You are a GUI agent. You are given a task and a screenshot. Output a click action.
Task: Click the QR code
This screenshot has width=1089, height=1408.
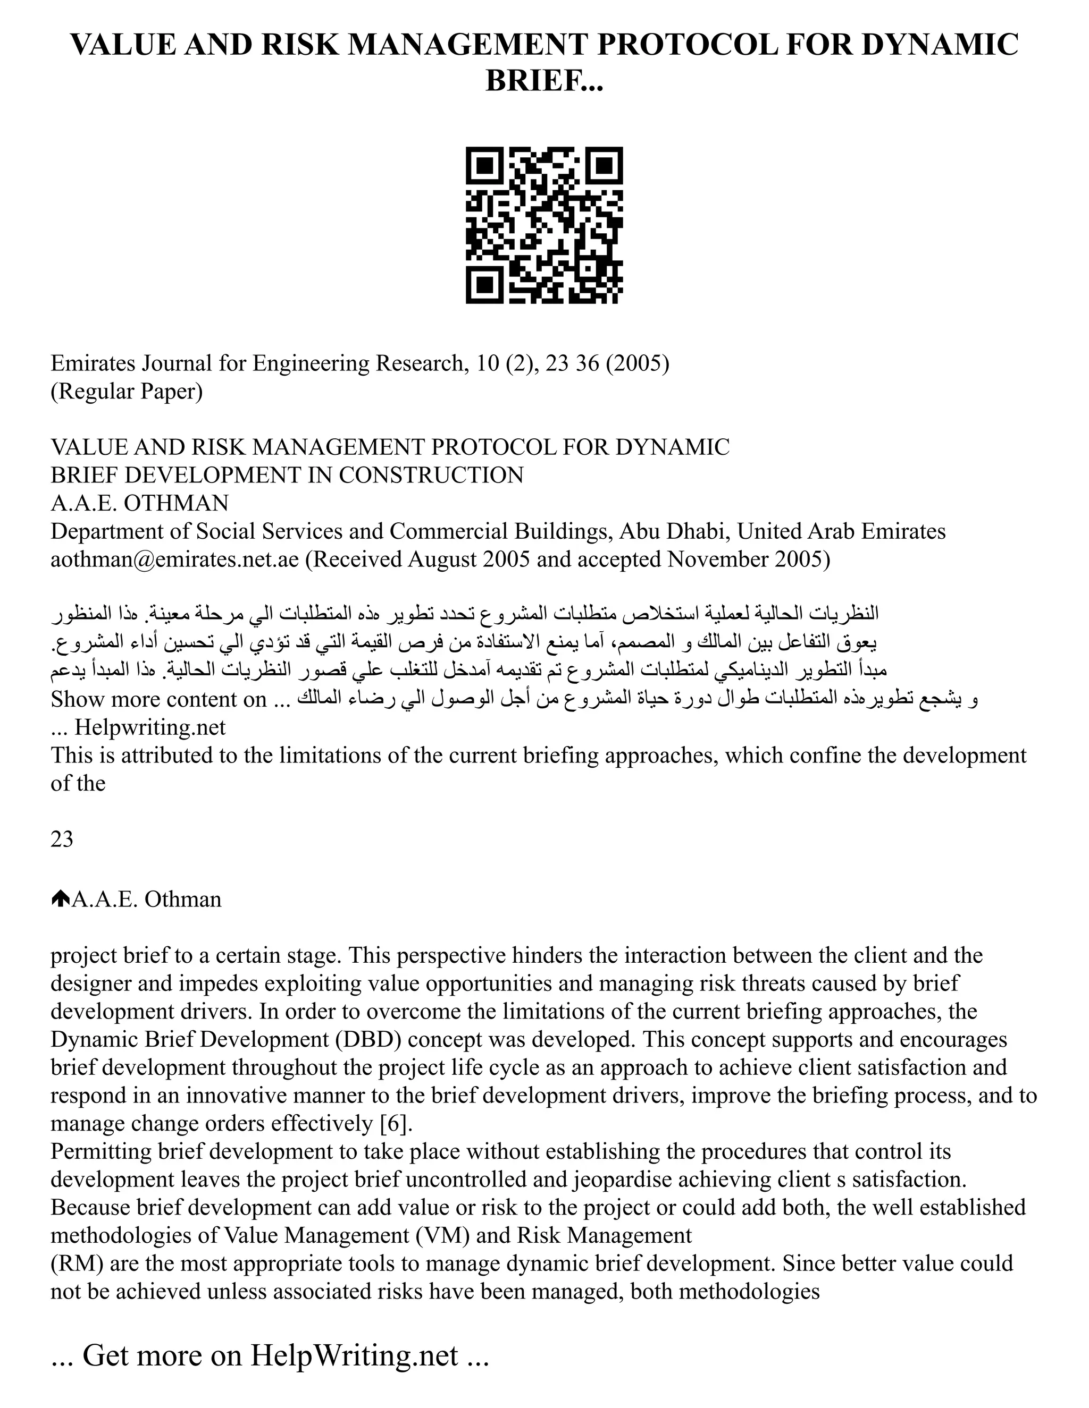pyautogui.click(x=544, y=225)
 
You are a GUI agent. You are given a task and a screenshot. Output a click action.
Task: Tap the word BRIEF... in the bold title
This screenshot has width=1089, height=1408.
pyautogui.click(x=544, y=81)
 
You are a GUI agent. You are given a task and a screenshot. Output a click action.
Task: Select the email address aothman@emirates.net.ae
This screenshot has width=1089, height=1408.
pyautogui.click(x=175, y=559)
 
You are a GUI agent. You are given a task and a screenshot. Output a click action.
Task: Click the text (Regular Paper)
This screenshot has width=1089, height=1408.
pyautogui.click(x=127, y=392)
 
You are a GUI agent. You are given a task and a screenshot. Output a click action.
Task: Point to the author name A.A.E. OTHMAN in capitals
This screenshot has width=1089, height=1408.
pyautogui.click(x=139, y=503)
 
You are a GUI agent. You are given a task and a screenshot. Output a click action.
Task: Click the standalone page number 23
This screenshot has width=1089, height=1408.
pyautogui.click(x=62, y=839)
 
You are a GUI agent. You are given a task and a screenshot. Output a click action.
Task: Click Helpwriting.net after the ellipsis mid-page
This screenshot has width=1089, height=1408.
pyautogui.click(x=149, y=727)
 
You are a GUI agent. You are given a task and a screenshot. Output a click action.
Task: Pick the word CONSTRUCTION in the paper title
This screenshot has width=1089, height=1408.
pyautogui.click(x=431, y=475)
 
